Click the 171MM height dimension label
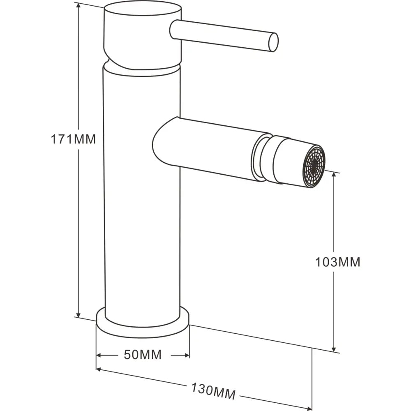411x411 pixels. (73, 139)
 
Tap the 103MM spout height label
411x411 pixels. (337, 262)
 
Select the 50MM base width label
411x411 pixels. (143, 355)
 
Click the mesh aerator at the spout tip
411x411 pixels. (314, 166)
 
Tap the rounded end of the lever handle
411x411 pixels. (273, 42)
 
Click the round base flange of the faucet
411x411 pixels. (143, 325)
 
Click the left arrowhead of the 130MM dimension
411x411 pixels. (99, 370)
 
